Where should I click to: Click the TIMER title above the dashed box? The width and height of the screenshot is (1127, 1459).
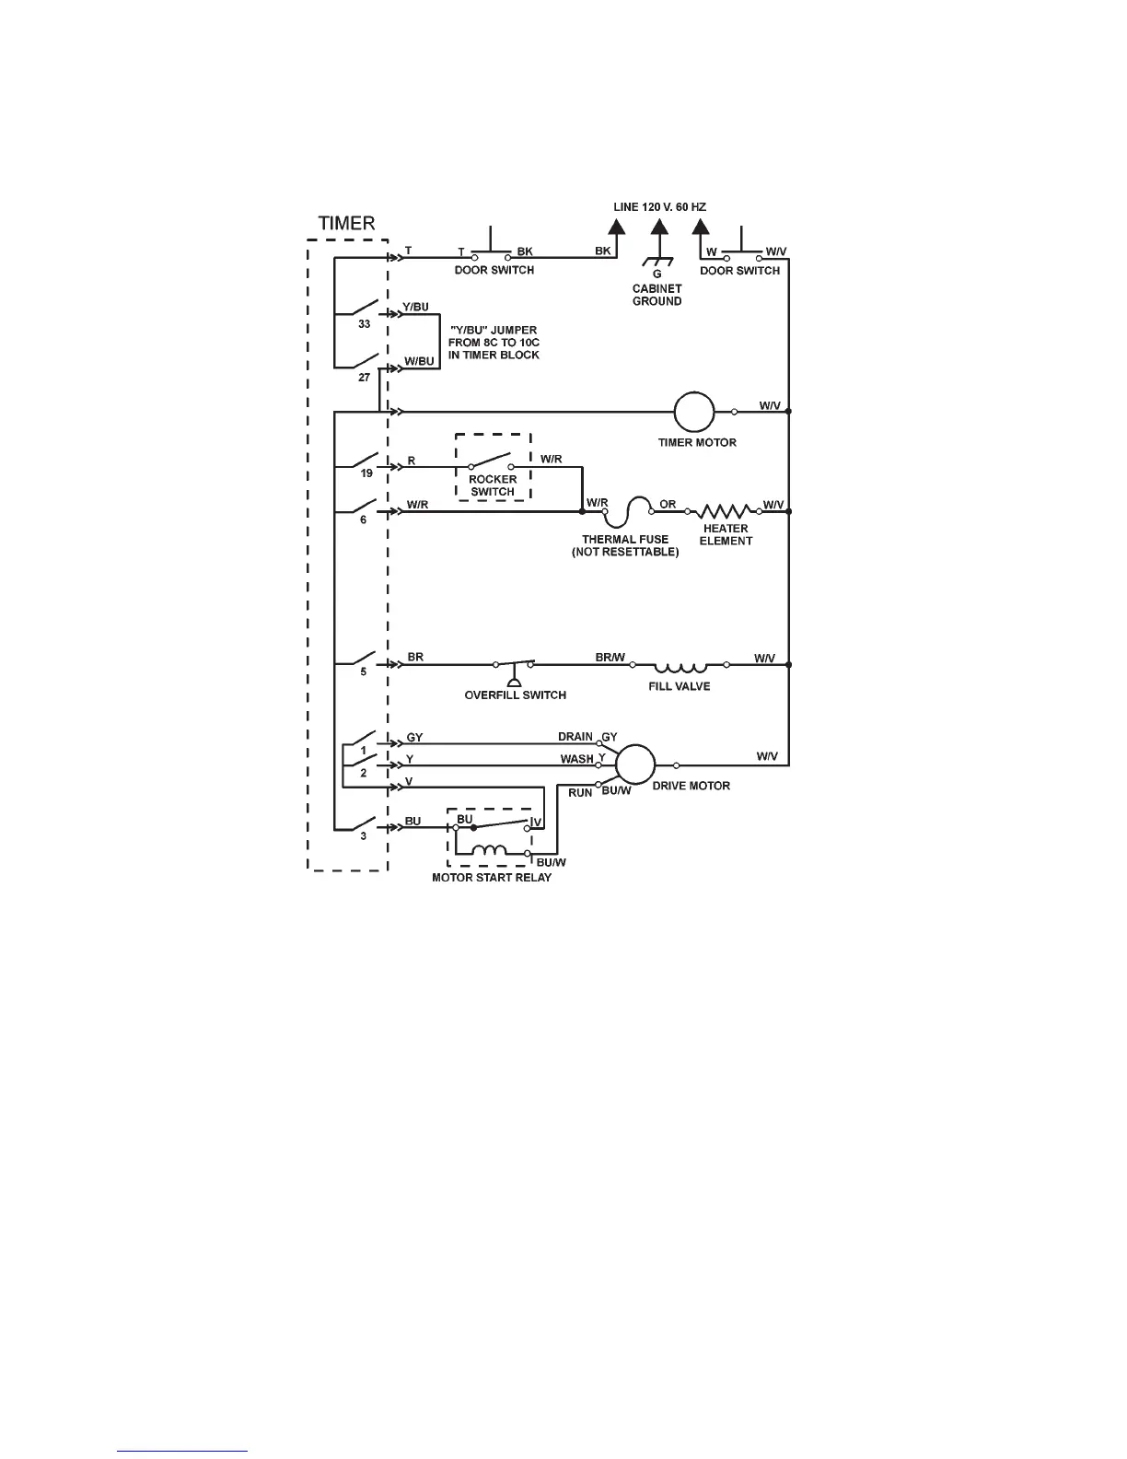(346, 223)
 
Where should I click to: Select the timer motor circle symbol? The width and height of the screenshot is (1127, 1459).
(694, 411)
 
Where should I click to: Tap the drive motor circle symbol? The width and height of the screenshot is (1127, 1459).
(634, 765)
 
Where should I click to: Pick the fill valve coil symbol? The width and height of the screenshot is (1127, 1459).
(680, 665)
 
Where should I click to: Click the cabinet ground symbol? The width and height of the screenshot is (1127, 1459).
(656, 262)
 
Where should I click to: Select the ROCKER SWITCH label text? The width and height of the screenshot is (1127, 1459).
(493, 485)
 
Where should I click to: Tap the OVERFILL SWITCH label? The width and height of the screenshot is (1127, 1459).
(515, 695)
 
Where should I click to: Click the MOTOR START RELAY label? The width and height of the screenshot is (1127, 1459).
(492, 878)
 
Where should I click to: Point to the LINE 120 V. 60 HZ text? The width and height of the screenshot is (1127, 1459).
(659, 207)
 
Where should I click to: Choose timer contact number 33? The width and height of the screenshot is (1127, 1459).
(365, 324)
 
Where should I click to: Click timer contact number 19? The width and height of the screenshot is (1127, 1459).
(366, 473)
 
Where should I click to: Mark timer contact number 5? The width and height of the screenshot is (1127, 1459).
(363, 672)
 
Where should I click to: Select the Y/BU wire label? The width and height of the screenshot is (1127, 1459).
(415, 307)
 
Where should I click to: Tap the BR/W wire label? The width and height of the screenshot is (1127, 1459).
(610, 658)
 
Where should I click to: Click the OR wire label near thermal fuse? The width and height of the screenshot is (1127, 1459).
(668, 504)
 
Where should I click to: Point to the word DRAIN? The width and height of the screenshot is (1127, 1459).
(575, 737)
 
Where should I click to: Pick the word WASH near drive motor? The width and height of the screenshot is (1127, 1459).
(577, 759)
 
